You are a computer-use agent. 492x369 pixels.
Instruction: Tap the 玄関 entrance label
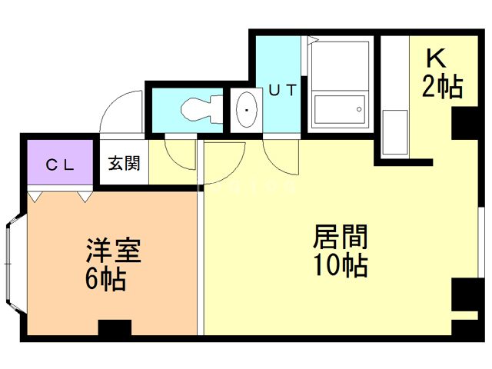tap(124, 164)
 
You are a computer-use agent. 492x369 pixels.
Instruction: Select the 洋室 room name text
tap(112, 252)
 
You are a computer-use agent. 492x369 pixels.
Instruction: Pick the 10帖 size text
tap(339, 265)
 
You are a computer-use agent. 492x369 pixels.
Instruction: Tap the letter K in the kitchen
tap(435, 58)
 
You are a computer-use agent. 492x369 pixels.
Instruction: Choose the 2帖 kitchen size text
tap(442, 87)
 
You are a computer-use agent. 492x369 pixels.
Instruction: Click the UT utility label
tap(282, 91)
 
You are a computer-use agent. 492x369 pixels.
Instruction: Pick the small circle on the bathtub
tap(358, 111)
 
